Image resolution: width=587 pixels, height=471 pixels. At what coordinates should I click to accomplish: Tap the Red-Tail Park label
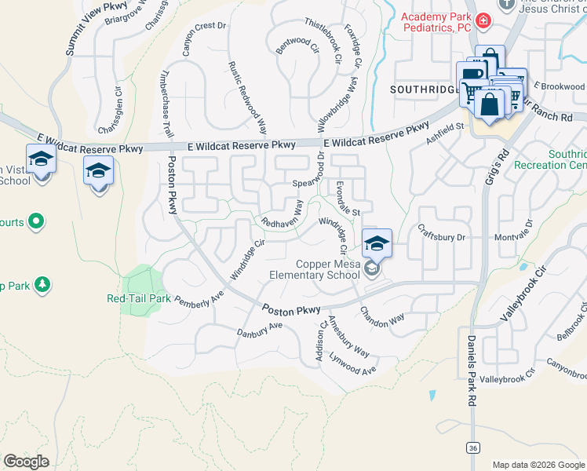coord(139,298)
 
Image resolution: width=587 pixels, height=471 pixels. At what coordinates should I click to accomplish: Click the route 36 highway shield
coord(472,447)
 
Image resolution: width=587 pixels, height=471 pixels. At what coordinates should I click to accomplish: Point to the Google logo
coord(26,462)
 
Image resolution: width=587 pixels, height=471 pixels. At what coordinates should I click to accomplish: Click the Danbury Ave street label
coord(260,329)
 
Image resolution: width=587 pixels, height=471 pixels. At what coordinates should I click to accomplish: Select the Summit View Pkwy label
coord(86,27)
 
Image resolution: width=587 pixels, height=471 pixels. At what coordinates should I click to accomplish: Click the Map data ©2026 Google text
coord(538,465)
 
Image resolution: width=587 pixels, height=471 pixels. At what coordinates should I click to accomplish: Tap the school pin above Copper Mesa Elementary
coord(377,243)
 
